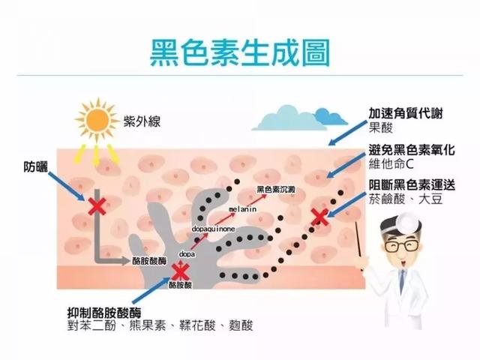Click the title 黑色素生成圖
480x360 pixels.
(240, 52)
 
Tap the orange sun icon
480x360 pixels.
(97, 121)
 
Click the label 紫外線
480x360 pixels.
(142, 121)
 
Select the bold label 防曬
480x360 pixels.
(36, 166)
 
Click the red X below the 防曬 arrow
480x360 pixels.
(97, 206)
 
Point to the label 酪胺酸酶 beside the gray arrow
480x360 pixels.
(149, 261)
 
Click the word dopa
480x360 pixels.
(187, 254)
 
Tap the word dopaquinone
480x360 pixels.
(213, 229)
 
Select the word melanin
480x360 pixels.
(242, 209)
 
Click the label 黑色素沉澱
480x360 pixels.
(276, 190)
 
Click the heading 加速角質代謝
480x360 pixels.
(405, 113)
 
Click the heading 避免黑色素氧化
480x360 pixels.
(412, 150)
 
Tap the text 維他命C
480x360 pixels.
(391, 164)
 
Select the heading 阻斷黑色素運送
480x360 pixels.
(412, 185)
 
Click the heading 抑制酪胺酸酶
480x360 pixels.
(104, 313)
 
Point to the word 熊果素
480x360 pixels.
(148, 325)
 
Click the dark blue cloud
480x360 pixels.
(331, 117)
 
